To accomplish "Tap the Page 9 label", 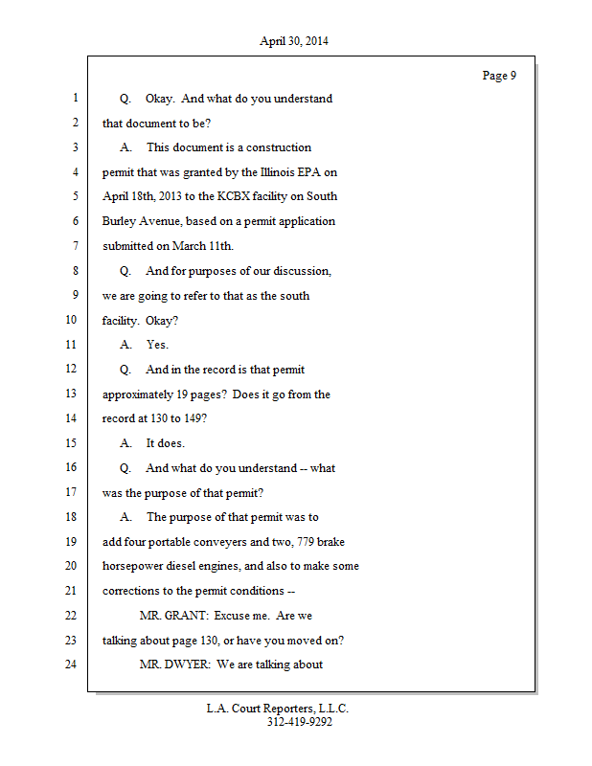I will pyautogui.click(x=499, y=76).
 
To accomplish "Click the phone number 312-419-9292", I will pyautogui.click(x=300, y=722).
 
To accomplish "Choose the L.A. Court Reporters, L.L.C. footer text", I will pyautogui.click(x=278, y=709).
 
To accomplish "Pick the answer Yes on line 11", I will pyautogui.click(x=157, y=344).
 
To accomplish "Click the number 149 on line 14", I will pyautogui.click(x=189, y=418).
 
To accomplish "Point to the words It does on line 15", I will pyautogui.click(x=166, y=443).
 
